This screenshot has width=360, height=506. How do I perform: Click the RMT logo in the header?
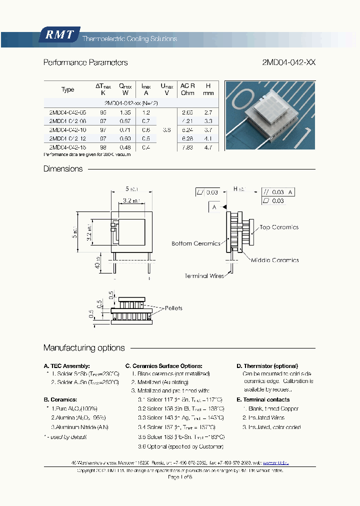[x=59, y=35]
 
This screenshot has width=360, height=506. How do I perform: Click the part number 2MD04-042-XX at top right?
[x=288, y=63]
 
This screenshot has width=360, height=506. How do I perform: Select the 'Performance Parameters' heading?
[x=85, y=63]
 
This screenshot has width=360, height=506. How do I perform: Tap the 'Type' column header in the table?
[x=67, y=90]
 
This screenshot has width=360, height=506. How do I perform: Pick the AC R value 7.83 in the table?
[x=187, y=147]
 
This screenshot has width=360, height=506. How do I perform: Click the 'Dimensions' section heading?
[x=63, y=169]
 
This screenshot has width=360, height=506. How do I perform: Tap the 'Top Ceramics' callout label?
[x=278, y=227]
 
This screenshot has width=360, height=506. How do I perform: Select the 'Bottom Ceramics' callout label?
[x=195, y=243]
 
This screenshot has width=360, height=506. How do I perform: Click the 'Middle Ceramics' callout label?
[x=274, y=260]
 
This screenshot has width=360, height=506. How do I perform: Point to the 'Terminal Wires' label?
[x=204, y=276]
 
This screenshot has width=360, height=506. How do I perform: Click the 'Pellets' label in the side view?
[x=173, y=308]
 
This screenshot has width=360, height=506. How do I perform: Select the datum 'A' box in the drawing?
[x=214, y=206]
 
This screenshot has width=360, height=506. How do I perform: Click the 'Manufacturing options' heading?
[x=84, y=348]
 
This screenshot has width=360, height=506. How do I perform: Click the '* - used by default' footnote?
[x=65, y=437]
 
